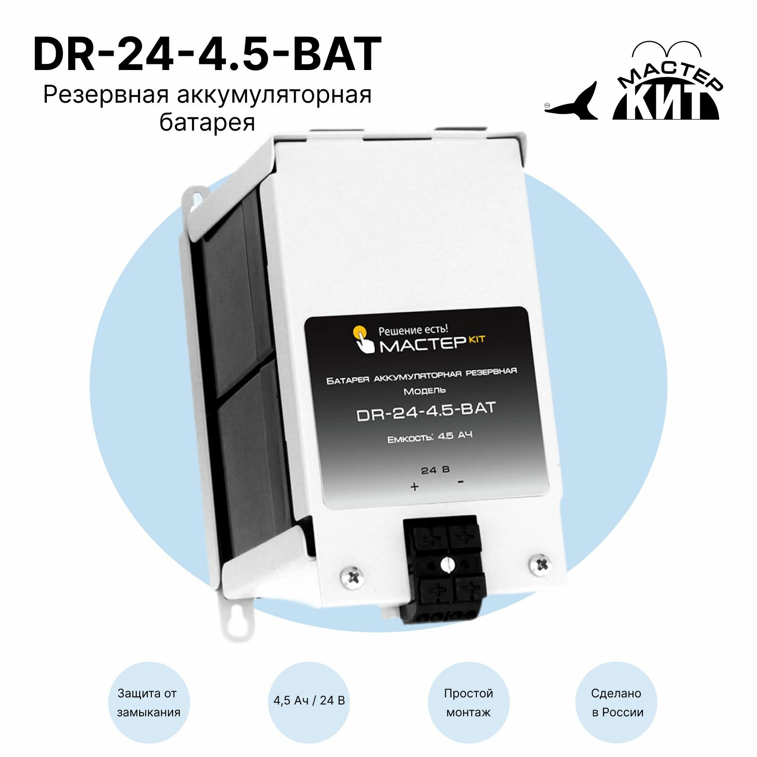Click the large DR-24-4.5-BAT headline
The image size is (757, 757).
(x=207, y=55)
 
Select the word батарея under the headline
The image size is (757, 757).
(x=207, y=123)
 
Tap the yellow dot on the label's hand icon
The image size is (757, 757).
(x=359, y=330)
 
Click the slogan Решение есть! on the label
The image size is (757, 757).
(x=413, y=330)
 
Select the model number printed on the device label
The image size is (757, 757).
(x=425, y=411)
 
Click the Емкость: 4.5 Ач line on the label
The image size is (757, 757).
(x=430, y=437)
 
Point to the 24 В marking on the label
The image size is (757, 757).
(x=435, y=470)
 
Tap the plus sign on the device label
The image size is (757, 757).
(x=414, y=486)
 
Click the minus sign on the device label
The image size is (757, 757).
(x=460, y=482)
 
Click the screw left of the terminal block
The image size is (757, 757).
(x=353, y=577)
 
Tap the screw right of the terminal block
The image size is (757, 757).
(x=540, y=564)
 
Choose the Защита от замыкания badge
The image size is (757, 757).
(x=149, y=703)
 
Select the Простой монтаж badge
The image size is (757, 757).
(x=468, y=703)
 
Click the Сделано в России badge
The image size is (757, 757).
(x=617, y=703)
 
